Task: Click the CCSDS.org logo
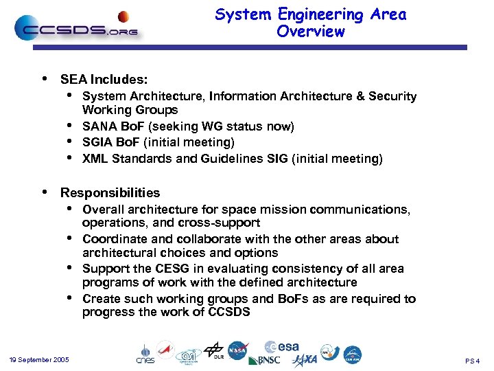point(75,29)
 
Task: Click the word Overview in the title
point(310,32)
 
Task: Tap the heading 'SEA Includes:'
point(104,80)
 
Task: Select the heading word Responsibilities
point(110,193)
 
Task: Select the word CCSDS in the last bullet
point(227,313)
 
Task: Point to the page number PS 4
point(472,361)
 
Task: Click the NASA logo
point(237,350)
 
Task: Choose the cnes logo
point(145,354)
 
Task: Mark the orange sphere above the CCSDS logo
point(123,16)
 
